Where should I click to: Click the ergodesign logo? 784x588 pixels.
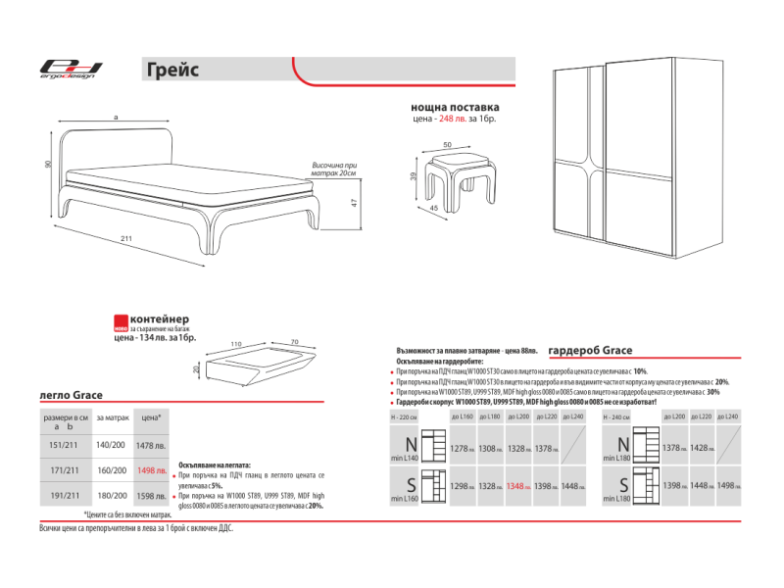click(70, 69)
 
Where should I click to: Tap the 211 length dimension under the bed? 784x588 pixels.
click(126, 238)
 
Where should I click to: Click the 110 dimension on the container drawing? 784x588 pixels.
click(236, 344)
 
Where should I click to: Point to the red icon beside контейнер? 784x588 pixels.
click(120, 322)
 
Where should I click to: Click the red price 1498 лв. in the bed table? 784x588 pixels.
click(151, 470)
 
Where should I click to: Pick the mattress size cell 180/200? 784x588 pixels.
click(112, 496)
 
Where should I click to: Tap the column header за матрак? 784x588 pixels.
click(112, 417)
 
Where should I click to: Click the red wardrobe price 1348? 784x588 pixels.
click(521, 486)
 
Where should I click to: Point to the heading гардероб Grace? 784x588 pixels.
click(590, 350)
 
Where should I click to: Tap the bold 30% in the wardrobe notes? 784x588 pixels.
click(712, 391)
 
